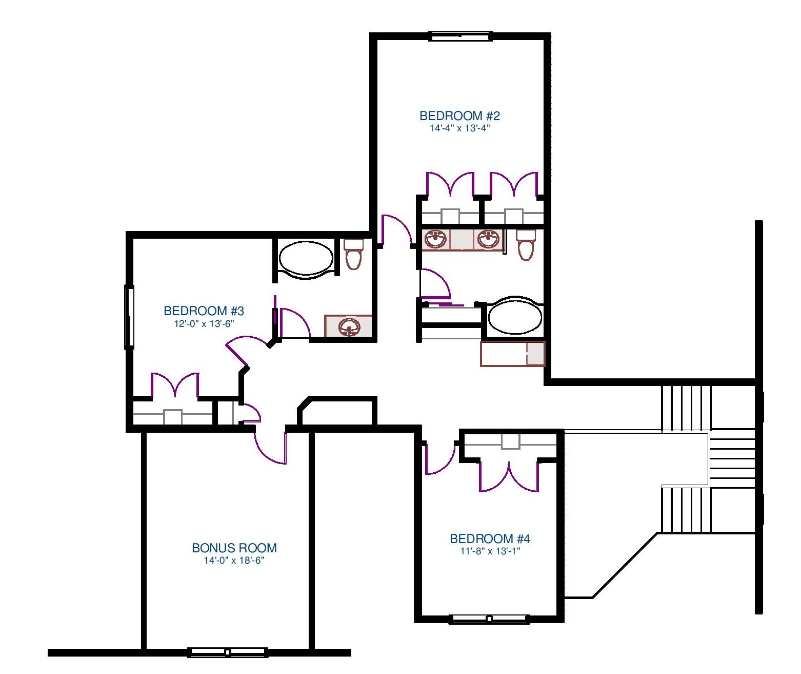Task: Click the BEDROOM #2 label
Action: [459, 115]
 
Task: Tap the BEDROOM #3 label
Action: [204, 311]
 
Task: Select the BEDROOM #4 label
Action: [490, 539]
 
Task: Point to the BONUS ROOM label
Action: [234, 548]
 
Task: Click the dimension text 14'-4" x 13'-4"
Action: [459, 128]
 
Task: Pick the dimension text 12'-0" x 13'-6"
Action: [204, 324]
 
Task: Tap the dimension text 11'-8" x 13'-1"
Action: [490, 551]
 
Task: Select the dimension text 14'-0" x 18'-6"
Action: [234, 561]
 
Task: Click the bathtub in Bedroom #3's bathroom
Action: [306, 258]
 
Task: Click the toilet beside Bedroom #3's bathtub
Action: [353, 254]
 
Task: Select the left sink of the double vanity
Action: [435, 240]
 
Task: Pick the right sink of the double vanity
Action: [488, 240]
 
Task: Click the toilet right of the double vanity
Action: [526, 245]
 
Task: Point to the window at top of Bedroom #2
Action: [460, 36]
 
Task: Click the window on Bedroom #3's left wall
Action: [129, 317]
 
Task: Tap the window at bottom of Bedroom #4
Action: [489, 619]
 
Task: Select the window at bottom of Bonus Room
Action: [228, 652]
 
